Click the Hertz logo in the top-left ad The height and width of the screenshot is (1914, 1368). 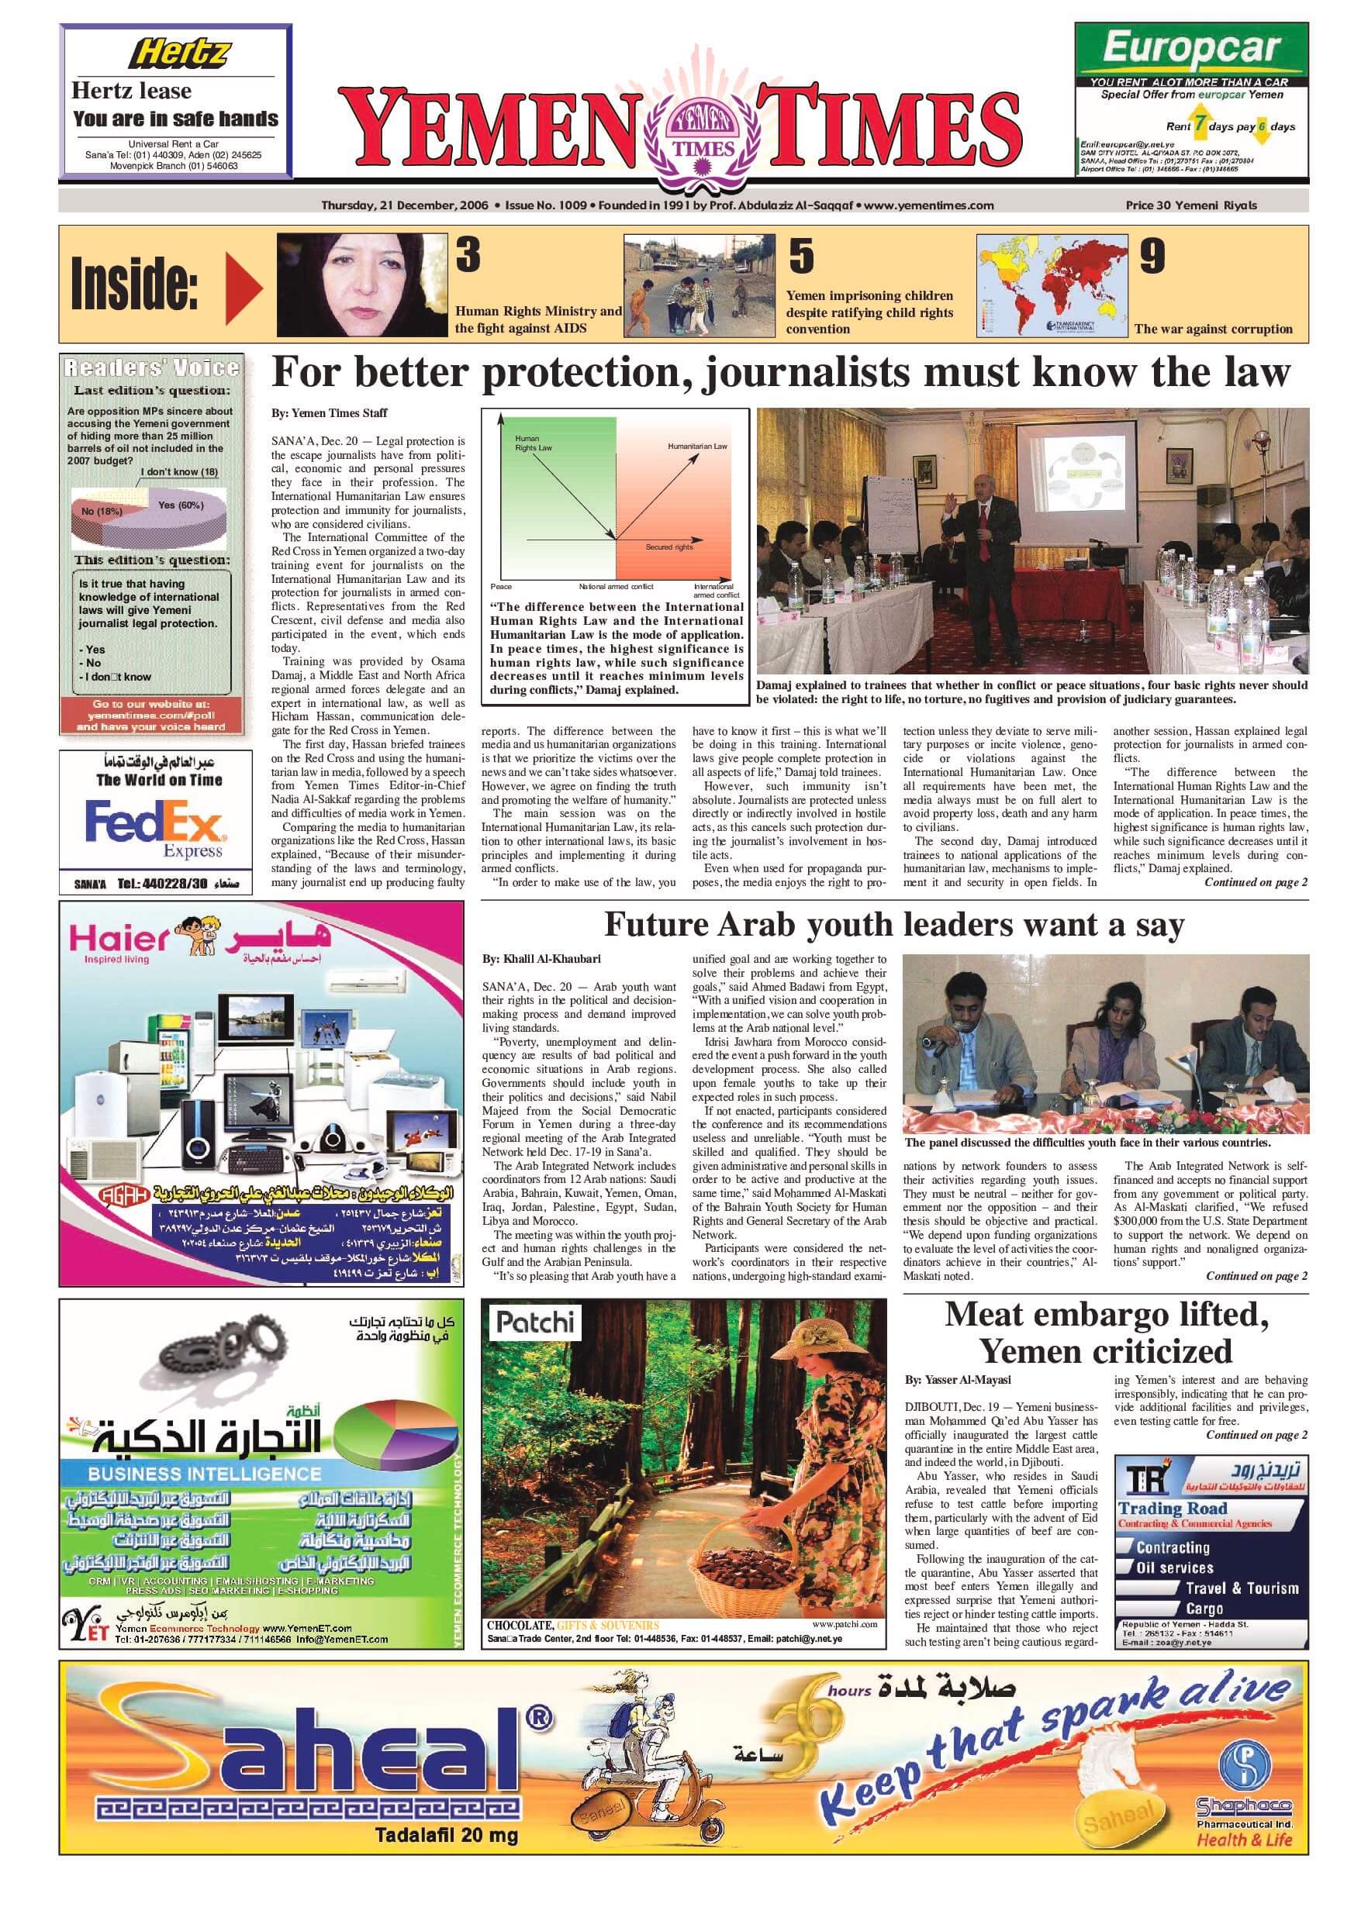[x=178, y=55]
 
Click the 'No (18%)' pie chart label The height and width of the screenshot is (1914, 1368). [x=102, y=511]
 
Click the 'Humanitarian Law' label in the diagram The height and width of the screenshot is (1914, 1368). [x=697, y=447]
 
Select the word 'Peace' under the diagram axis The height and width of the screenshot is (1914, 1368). [x=501, y=587]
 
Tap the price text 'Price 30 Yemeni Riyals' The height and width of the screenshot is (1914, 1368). [x=1191, y=205]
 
